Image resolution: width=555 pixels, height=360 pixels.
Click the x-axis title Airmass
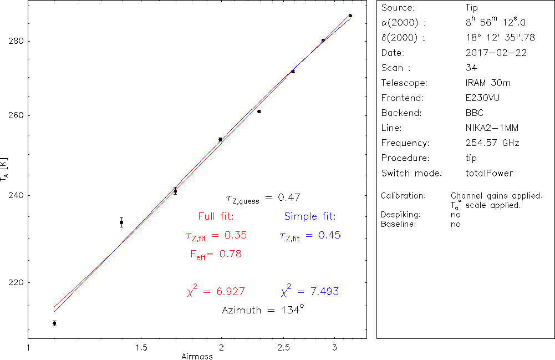197,357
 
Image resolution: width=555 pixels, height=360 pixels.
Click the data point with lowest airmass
54,323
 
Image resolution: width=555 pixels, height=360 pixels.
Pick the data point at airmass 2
220,139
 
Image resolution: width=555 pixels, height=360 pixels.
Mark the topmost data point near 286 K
350,16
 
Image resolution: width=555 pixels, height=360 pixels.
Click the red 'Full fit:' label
216,216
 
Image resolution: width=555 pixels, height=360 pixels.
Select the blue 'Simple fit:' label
310,216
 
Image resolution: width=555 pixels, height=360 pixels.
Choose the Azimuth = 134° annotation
263,310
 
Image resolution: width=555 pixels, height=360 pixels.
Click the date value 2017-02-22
496,53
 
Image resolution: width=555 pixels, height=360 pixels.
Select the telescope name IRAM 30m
488,83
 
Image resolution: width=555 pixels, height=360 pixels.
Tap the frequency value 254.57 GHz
492,143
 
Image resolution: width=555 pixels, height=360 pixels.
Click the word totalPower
490,173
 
